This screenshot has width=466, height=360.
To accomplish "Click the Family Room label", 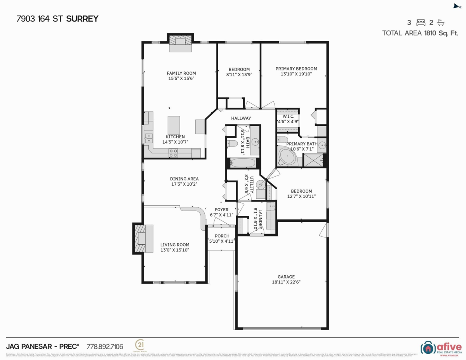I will [181, 73].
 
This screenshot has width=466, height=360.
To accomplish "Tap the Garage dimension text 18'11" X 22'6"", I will [286, 282].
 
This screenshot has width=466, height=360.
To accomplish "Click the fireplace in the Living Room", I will [140, 237].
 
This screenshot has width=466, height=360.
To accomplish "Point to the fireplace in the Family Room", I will [180, 42].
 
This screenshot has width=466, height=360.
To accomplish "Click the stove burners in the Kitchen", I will [173, 153].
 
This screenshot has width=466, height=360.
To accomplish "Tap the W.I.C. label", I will [288, 117].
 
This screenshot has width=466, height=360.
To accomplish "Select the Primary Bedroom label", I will [296, 69].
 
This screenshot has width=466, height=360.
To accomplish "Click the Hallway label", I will [241, 118].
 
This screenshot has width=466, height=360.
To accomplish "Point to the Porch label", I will [222, 236].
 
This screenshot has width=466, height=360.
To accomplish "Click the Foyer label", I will [222, 210].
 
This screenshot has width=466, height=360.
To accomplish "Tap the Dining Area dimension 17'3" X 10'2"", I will [184, 184].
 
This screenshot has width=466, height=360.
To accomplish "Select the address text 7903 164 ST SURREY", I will [57, 18].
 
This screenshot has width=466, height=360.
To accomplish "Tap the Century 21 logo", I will [139, 345].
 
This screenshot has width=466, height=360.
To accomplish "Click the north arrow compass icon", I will [457, 6].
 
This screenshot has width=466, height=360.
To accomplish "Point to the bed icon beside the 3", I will [421, 22].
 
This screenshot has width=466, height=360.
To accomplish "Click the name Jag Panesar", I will [29, 346].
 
